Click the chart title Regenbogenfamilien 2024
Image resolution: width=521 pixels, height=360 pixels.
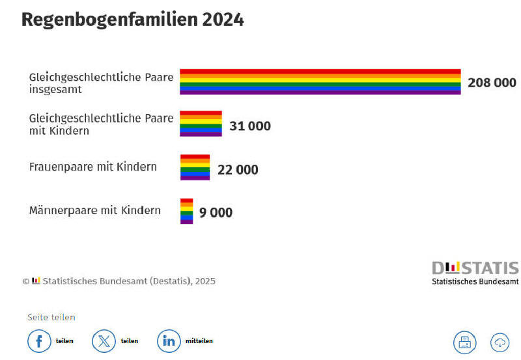[x=133, y=20]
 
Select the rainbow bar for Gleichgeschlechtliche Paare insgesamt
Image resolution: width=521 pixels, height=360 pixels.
[x=320, y=82]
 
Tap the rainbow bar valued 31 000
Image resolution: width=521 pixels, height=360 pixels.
[x=201, y=124]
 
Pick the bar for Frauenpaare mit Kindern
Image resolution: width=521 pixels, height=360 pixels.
[x=195, y=167]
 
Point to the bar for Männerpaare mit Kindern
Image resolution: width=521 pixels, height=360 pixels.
[x=186, y=211]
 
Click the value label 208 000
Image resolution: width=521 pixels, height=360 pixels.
[x=492, y=83]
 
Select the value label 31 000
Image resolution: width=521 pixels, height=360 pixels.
[x=250, y=126]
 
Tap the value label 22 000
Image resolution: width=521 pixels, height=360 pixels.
[x=238, y=170]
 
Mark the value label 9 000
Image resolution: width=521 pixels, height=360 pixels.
[x=216, y=213]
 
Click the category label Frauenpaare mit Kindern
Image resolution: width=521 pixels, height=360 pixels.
[x=93, y=167]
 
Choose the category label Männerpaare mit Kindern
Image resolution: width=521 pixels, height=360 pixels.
[x=95, y=210]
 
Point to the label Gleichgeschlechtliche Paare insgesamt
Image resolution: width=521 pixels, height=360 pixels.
[x=101, y=83]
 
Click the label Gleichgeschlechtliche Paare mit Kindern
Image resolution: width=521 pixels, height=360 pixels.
[x=101, y=124]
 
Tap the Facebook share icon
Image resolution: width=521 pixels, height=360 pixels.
[x=38, y=341]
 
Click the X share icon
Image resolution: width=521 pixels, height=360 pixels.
[x=104, y=341]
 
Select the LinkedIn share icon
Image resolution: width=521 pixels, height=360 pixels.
[x=169, y=341]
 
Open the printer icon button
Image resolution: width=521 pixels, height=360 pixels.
[x=465, y=342]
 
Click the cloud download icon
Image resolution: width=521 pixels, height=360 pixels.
[x=500, y=342]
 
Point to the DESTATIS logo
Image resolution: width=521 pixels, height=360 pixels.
[x=475, y=273]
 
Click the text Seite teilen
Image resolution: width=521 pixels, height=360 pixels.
[x=51, y=317]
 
